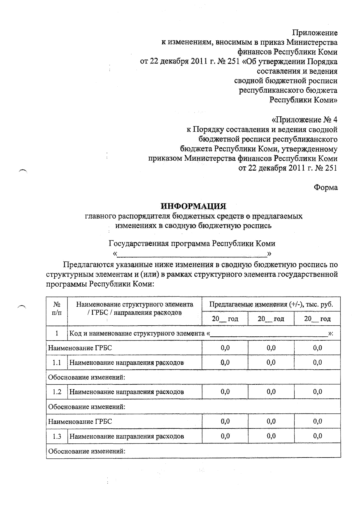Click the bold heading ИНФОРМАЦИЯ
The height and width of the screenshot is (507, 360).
point(193,206)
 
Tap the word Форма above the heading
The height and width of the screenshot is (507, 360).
point(325,188)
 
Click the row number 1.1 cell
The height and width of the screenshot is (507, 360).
point(57,362)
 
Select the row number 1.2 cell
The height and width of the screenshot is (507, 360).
point(57,392)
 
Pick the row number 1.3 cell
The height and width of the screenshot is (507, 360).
point(57,436)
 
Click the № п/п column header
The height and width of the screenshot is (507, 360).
point(57,309)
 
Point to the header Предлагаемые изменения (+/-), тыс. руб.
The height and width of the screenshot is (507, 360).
point(271,305)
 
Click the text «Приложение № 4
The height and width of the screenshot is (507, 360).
point(304,120)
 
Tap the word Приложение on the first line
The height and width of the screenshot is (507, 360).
point(315,33)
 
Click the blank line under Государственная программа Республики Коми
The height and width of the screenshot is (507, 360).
point(192,255)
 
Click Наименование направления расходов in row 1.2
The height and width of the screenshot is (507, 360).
point(127,392)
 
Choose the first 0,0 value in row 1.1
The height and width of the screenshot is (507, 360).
point(225,362)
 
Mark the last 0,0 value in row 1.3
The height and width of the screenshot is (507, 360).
point(317,436)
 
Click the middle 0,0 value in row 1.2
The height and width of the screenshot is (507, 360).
point(271,392)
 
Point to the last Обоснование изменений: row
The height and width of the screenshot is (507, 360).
point(87,451)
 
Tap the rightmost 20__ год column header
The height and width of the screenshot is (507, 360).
point(317,319)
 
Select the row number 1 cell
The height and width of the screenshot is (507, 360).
point(57,333)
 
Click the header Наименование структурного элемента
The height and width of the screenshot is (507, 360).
point(135,305)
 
